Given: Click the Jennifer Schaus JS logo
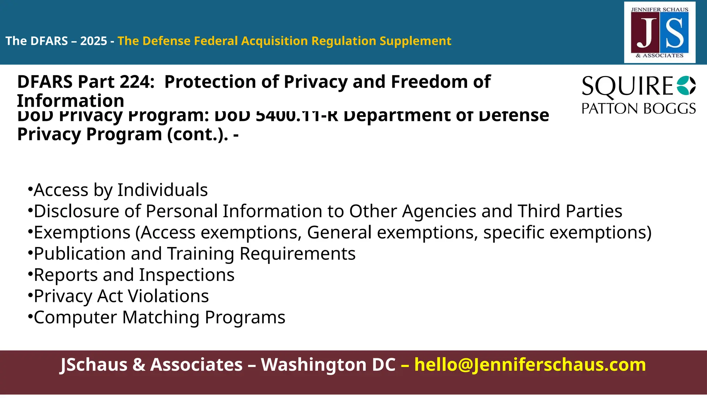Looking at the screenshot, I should (660, 32).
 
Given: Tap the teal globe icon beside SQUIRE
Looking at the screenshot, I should (686, 85).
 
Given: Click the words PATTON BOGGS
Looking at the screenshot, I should (638, 109).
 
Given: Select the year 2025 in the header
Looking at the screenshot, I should (94, 41).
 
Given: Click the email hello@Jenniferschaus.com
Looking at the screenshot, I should (530, 365).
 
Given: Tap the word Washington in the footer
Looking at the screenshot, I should (328, 365).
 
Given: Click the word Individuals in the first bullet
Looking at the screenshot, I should (162, 190).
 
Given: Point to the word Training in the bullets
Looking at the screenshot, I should (201, 254).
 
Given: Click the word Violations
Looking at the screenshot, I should (168, 296).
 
